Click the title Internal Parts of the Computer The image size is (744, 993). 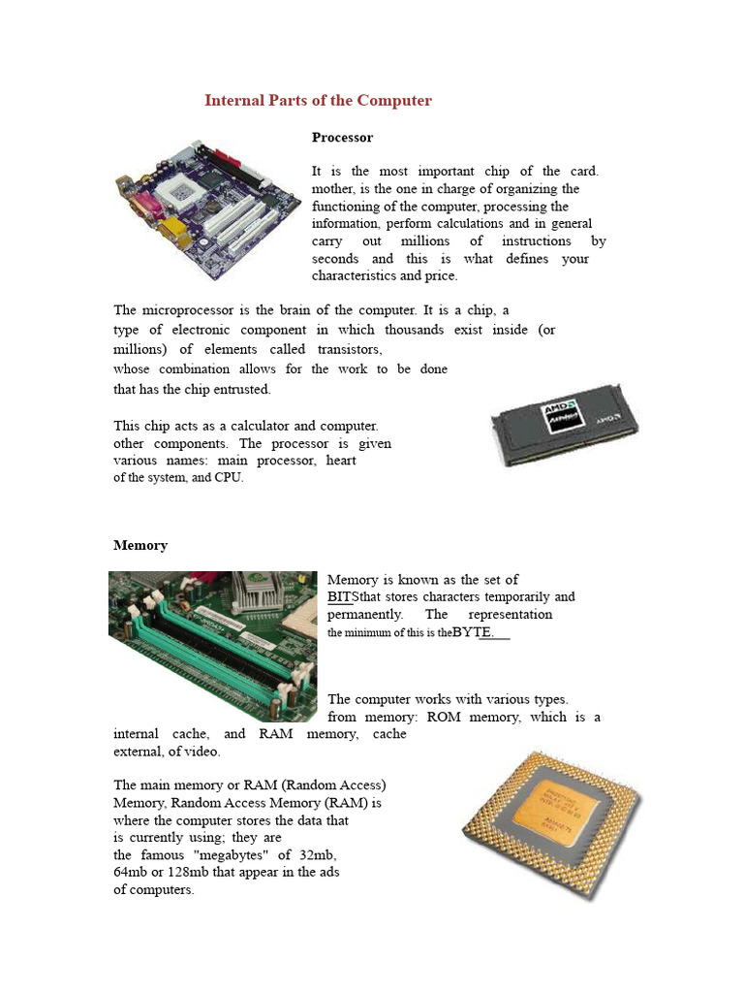318,101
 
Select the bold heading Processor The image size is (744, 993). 342,138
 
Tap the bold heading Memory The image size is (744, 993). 140,545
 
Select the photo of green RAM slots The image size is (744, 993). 212,645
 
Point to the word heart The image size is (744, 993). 340,461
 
